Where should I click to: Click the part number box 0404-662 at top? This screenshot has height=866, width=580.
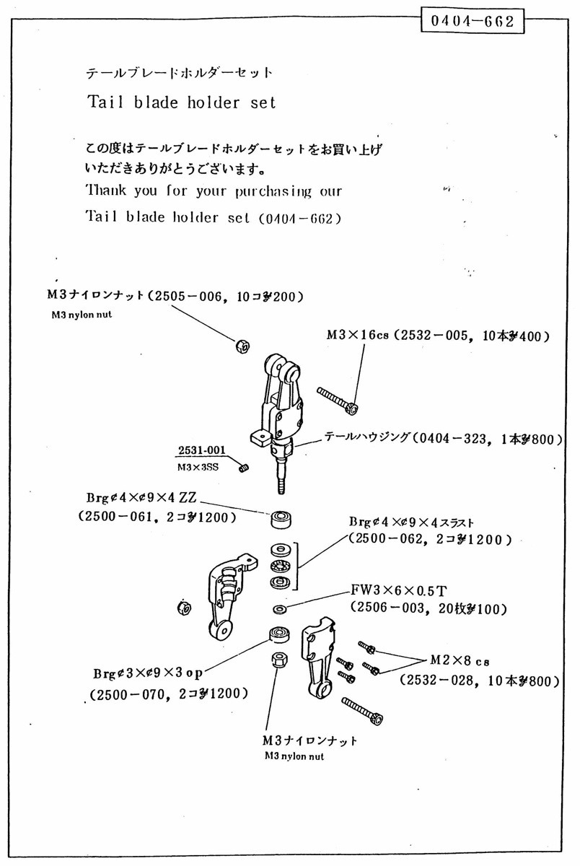click(x=472, y=22)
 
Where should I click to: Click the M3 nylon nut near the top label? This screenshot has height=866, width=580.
click(x=242, y=346)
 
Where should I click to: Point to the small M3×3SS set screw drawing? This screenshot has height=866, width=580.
click(x=245, y=470)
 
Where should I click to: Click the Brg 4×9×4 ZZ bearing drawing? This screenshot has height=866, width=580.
click(x=279, y=519)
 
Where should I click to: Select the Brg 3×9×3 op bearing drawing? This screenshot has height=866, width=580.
click(x=279, y=635)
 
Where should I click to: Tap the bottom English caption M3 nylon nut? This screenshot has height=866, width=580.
click(x=294, y=756)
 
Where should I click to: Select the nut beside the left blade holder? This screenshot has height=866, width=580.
click(x=184, y=607)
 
